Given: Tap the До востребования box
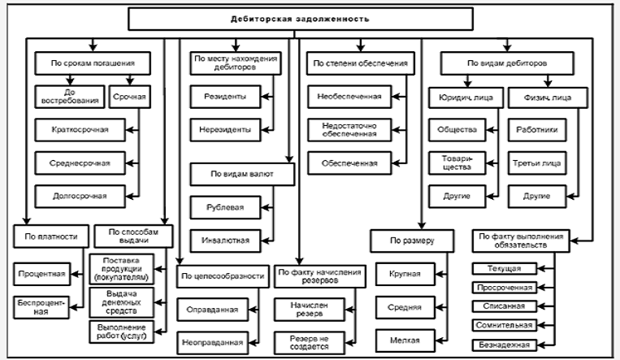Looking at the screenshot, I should (x=67, y=96).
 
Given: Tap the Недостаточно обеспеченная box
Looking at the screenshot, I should (x=349, y=129).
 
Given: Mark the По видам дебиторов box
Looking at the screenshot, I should (x=498, y=63).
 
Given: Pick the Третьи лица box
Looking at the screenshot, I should (x=537, y=163).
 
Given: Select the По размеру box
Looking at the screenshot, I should (x=412, y=240).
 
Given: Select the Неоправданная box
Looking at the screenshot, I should (x=212, y=342).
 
